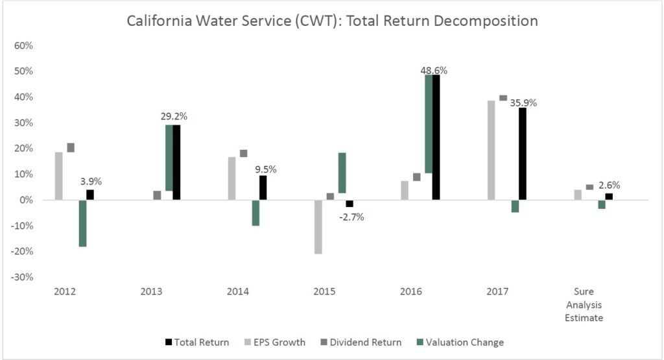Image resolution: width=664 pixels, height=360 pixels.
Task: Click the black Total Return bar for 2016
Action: pyautogui.click(x=436, y=137)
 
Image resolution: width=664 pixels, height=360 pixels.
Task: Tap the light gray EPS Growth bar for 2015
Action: pyautogui.click(x=318, y=226)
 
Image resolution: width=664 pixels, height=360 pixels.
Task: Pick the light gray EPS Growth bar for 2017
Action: pyautogui.click(x=491, y=150)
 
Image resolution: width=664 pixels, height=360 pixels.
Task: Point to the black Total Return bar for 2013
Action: pyautogui.click(x=176, y=162)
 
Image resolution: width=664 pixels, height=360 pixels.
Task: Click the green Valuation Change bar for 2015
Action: pyautogui.click(x=342, y=173)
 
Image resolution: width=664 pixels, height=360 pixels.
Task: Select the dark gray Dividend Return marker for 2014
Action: pyautogui.click(x=243, y=154)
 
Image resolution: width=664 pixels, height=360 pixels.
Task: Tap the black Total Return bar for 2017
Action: pyautogui.click(x=522, y=154)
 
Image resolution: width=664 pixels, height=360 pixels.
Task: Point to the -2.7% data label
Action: pyautogui.click(x=351, y=217)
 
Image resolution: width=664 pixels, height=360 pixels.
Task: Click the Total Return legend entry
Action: pyautogui.click(x=197, y=342)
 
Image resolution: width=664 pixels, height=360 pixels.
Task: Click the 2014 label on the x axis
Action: pyautogui.click(x=238, y=292)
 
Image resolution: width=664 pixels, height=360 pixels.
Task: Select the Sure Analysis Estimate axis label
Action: pyautogui.click(x=588, y=305)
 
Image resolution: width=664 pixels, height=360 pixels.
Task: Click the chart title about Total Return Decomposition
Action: pyautogui.click(x=332, y=21)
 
